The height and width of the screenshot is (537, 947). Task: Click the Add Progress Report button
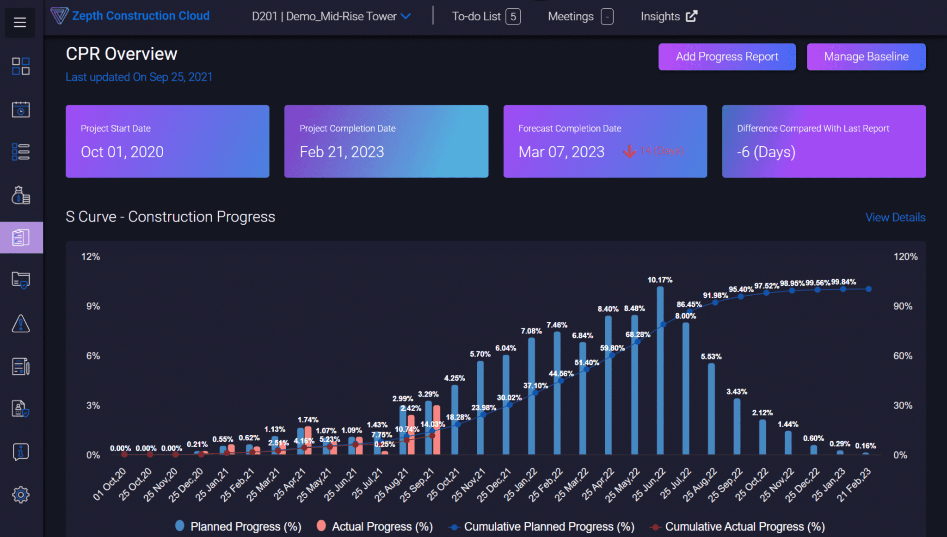pyautogui.click(x=726, y=57)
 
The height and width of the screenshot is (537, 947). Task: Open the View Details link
pyautogui.click(x=895, y=217)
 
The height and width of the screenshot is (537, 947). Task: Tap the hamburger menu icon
pyautogui.click(x=20, y=22)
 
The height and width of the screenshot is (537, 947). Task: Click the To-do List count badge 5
pyautogui.click(x=513, y=17)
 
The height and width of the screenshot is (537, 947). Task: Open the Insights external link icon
pyautogui.click(x=691, y=17)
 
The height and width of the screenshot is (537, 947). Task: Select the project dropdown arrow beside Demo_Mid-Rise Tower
pyautogui.click(x=406, y=17)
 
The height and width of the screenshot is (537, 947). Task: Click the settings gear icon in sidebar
pyautogui.click(x=21, y=495)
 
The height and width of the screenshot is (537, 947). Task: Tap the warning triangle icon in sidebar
pyautogui.click(x=21, y=324)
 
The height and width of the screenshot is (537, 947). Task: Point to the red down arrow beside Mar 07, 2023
pyautogui.click(x=629, y=151)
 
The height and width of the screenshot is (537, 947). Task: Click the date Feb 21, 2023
pyautogui.click(x=342, y=152)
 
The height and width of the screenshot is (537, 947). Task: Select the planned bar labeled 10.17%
pyautogui.click(x=660, y=370)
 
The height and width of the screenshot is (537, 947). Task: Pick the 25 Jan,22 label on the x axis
pyautogui.click(x=521, y=485)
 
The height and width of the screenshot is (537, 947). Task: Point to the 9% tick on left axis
pyautogui.click(x=93, y=306)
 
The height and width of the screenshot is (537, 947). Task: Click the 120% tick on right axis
pyautogui.click(x=905, y=257)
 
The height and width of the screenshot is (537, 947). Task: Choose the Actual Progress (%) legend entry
pyautogui.click(x=375, y=526)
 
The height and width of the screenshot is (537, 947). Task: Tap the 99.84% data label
pyautogui.click(x=843, y=282)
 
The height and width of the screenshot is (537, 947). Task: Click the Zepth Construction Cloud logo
pyautogui.click(x=130, y=16)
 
